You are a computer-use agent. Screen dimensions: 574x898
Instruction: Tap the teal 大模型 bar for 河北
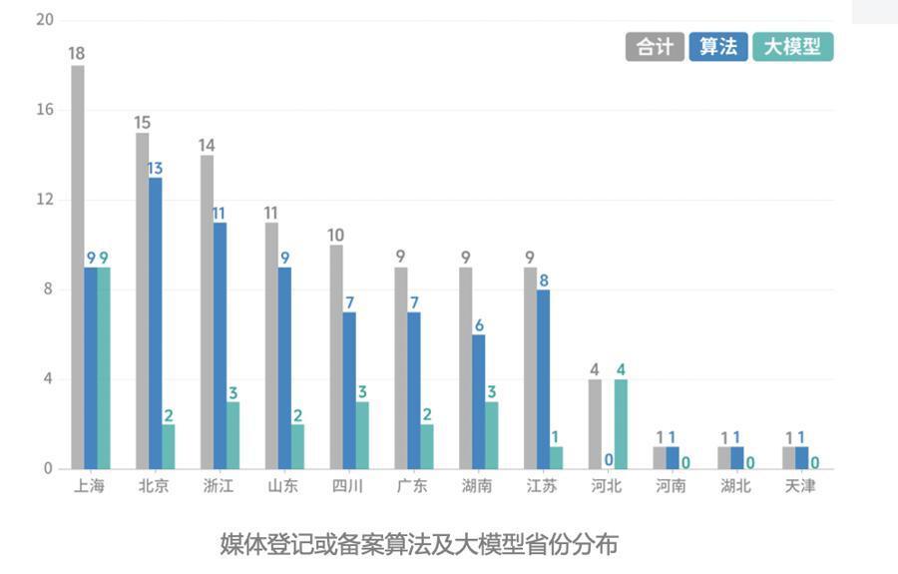tap(621, 424)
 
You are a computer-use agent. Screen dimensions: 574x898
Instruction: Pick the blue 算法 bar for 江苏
tap(544, 378)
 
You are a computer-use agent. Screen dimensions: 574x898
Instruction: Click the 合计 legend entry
tap(655, 47)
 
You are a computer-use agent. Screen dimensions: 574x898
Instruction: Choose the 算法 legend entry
tap(717, 47)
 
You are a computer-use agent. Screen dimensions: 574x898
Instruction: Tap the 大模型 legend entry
tap(792, 47)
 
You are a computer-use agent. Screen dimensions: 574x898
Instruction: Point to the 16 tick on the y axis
tap(45, 110)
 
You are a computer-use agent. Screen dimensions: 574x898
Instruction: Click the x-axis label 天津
tap(800, 486)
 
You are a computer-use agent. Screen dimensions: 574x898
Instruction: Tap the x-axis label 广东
tap(412, 486)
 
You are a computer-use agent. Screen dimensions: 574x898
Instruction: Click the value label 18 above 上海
tap(77, 54)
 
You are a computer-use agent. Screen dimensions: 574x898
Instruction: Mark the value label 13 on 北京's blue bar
tap(155, 169)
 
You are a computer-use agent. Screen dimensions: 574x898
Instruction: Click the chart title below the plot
tap(419, 544)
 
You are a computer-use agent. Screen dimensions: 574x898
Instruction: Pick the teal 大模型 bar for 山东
tap(297, 446)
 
